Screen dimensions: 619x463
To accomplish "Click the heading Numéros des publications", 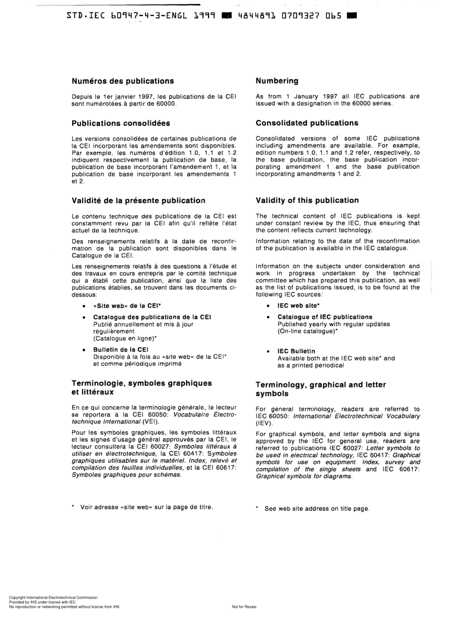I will (x=122, y=81).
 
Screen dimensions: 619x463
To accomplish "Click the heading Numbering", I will (x=277, y=81).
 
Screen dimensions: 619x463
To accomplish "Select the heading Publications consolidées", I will (x=121, y=123).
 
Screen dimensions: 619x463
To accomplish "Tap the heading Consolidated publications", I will (x=307, y=123).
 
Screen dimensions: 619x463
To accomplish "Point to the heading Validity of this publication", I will (x=307, y=200).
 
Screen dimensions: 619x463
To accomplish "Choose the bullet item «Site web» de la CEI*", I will (x=127, y=306).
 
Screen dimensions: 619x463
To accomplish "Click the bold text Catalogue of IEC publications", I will (x=325, y=317).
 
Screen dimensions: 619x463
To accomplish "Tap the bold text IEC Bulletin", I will (x=296, y=351).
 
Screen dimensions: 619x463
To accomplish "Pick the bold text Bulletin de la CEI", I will (x=120, y=349).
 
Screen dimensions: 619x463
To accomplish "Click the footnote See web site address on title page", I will (x=316, y=509).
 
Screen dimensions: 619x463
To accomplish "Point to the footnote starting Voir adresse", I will (x=146, y=507).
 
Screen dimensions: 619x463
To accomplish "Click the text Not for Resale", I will (x=244, y=607).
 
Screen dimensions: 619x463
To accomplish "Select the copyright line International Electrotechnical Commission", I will (x=53, y=598).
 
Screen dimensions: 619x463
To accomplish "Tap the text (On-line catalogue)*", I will (x=308, y=331).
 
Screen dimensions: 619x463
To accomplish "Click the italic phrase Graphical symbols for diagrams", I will (x=304, y=476).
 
